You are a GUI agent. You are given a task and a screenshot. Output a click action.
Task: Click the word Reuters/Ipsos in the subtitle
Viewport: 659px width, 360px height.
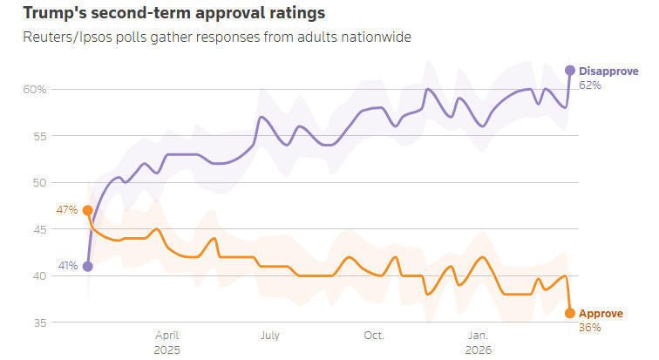[60, 37]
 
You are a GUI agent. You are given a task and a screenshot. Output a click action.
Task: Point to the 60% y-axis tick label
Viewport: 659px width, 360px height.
[36, 90]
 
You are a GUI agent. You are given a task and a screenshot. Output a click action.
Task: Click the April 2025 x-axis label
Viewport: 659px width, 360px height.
[167, 342]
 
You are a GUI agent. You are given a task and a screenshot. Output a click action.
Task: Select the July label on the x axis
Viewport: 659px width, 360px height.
[269, 335]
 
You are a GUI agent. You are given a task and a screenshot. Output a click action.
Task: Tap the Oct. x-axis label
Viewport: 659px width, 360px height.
[374, 335]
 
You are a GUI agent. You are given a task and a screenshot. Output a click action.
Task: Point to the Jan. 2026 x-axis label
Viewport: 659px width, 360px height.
[478, 342]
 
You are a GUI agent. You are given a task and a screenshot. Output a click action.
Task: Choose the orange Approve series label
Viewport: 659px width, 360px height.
[602, 313]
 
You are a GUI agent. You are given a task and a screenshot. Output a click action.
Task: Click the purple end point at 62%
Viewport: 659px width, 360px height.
[570, 71]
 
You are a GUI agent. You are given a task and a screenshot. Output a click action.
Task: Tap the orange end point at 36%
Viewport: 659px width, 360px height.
[570, 313]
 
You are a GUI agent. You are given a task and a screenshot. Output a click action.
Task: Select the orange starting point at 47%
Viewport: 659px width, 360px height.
[88, 211]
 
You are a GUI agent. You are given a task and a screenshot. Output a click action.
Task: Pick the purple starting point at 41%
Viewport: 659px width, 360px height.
[88, 267]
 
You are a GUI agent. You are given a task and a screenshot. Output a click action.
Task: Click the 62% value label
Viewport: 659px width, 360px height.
[590, 85]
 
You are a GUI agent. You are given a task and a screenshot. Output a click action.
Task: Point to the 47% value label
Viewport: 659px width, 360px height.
[67, 210]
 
